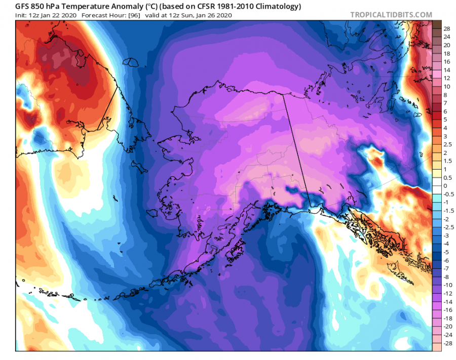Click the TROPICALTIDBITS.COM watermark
(391, 15)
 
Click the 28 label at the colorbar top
(447, 28)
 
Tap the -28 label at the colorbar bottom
(448, 343)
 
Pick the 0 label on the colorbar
(445, 186)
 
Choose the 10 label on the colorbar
(447, 87)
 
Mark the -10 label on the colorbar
(448, 285)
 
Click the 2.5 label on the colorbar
(448, 145)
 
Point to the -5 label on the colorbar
(447, 252)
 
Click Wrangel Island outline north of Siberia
(133, 63)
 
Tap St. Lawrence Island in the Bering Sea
(138, 165)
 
